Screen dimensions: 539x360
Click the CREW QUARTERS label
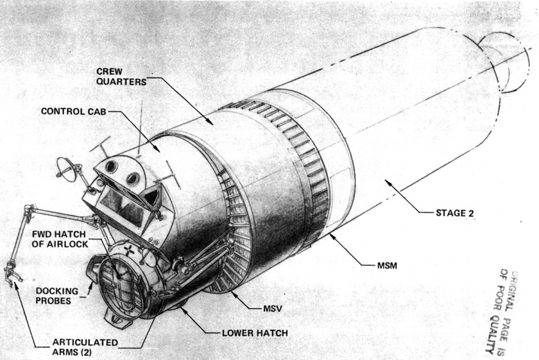(121, 76)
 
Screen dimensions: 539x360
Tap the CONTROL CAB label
(74, 112)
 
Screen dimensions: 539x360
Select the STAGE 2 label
(455, 213)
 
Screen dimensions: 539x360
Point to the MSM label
(387, 266)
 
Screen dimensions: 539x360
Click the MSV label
(273, 309)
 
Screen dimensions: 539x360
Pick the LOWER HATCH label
(255, 333)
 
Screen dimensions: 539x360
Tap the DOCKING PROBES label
(56, 296)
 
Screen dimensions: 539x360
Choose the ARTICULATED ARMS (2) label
(85, 347)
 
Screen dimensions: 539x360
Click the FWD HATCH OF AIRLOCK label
(60, 239)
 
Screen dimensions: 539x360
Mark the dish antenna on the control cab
(65, 169)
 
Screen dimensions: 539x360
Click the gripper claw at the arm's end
(13, 274)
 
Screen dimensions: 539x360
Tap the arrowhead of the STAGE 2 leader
(388, 183)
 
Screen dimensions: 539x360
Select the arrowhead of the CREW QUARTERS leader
(209, 121)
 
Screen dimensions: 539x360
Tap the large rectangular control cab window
(123, 207)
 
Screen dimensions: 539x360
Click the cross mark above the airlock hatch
(130, 250)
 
